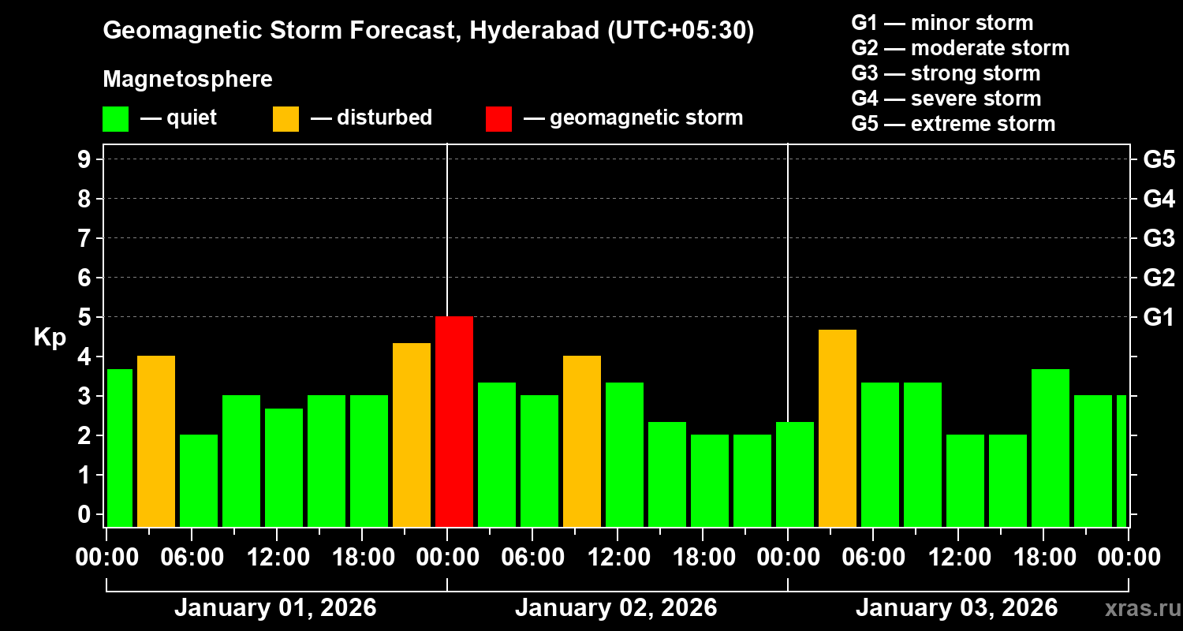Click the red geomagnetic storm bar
[x=454, y=421]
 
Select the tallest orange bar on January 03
[x=838, y=428]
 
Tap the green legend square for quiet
[x=115, y=118]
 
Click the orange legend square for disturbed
[x=285, y=118]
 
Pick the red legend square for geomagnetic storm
[x=498, y=118]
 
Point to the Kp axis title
[x=50, y=338]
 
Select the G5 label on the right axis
[x=1159, y=160]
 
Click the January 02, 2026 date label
[x=616, y=608]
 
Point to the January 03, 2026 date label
[x=957, y=608]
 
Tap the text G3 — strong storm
[x=946, y=73]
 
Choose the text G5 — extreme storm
[x=953, y=124]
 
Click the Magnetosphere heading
[x=188, y=80]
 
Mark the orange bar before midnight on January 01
[x=412, y=435]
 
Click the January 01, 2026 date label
[x=275, y=608]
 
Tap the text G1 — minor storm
[x=942, y=23]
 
